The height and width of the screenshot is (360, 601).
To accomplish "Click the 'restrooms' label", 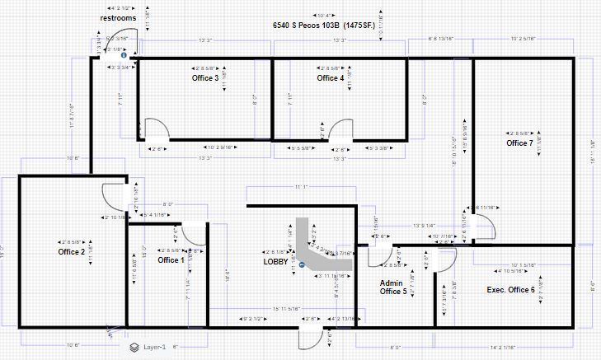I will coord(118,17).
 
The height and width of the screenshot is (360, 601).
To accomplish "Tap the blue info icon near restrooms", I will coord(123,55).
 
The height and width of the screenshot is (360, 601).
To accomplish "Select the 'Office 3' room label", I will coord(205,78).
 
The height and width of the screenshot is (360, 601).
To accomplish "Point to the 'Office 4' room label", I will coord(330,78).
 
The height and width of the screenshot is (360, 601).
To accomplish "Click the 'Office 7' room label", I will coord(519,143).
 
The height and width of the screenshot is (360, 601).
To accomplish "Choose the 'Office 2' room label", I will coord(72,251).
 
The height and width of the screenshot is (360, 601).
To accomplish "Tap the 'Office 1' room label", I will coord(171,260).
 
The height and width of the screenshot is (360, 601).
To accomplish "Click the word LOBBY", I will coord(275,261).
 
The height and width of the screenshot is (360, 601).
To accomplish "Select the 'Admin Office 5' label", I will coord(392,287).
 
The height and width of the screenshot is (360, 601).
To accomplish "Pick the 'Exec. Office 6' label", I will coord(510,289).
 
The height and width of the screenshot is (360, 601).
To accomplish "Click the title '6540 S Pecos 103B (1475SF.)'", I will coord(325,26).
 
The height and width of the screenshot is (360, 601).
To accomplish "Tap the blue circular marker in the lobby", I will coord(303,265).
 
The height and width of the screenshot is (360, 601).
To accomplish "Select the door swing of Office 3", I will coord(156,129).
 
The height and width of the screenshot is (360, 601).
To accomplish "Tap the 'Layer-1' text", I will coord(154,348).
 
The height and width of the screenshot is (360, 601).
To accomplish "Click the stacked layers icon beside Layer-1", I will coord(134,348).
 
